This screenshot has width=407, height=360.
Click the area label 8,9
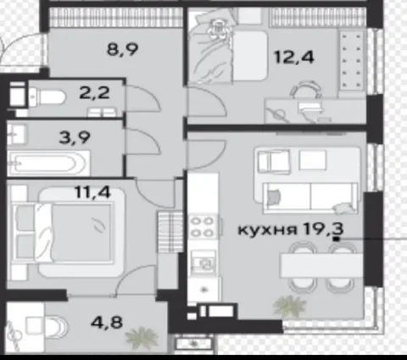[x=124, y=49]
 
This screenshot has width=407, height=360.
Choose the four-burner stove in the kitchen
[x=203, y=226]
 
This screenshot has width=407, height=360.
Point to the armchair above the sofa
[x=274, y=160]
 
